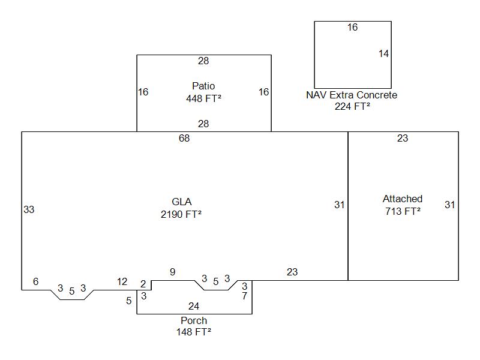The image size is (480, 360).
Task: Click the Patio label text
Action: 203,86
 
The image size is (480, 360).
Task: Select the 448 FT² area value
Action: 203,98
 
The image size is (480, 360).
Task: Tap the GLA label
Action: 181,202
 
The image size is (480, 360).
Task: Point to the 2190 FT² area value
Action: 181,214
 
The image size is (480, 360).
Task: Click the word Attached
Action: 403,199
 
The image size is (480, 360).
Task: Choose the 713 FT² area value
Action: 403,211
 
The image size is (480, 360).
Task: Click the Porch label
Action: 194,320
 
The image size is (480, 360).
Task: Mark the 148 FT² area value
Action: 194,332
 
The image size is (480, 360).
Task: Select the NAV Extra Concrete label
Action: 352,95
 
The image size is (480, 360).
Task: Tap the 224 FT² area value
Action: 352,106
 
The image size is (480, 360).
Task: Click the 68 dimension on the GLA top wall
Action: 184,139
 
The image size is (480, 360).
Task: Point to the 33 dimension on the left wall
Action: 29,209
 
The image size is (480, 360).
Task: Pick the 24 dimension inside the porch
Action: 194,307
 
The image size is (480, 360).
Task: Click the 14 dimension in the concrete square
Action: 383,53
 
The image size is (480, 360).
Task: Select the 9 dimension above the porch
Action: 173,272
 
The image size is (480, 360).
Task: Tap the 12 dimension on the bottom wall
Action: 122,281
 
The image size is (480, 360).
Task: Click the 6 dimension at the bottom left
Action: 35,281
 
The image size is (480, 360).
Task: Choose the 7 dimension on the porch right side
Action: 244,296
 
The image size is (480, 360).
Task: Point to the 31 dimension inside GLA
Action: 340,205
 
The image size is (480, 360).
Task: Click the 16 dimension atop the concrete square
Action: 352,27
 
